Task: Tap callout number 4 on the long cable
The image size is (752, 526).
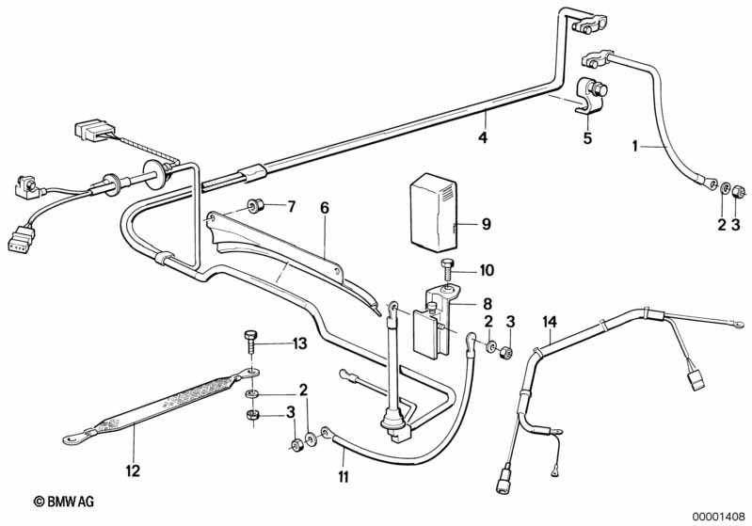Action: point(482,137)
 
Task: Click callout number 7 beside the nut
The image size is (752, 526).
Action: point(291,206)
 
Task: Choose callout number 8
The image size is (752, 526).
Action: point(487,303)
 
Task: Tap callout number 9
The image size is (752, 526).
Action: point(486,224)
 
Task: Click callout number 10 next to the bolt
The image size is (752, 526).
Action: point(486,270)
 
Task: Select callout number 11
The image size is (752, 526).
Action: point(344,477)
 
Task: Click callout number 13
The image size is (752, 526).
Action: point(298,343)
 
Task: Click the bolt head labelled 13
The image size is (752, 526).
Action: point(249,335)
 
